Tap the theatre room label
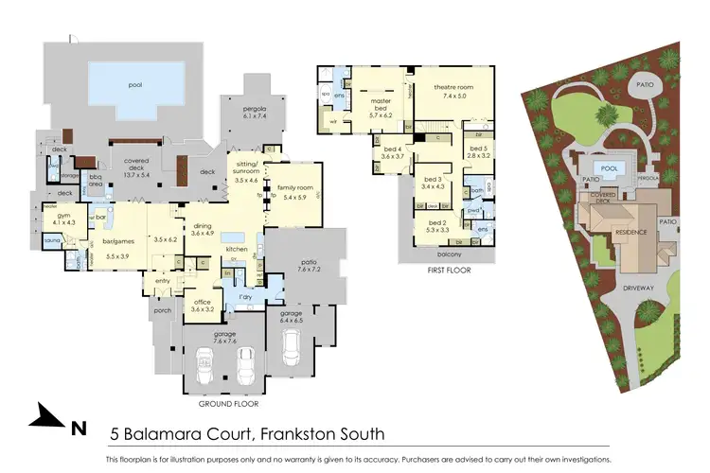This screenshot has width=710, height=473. [453, 87]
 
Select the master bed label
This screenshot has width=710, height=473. [382, 101]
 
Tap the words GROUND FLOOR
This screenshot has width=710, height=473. [227, 403]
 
